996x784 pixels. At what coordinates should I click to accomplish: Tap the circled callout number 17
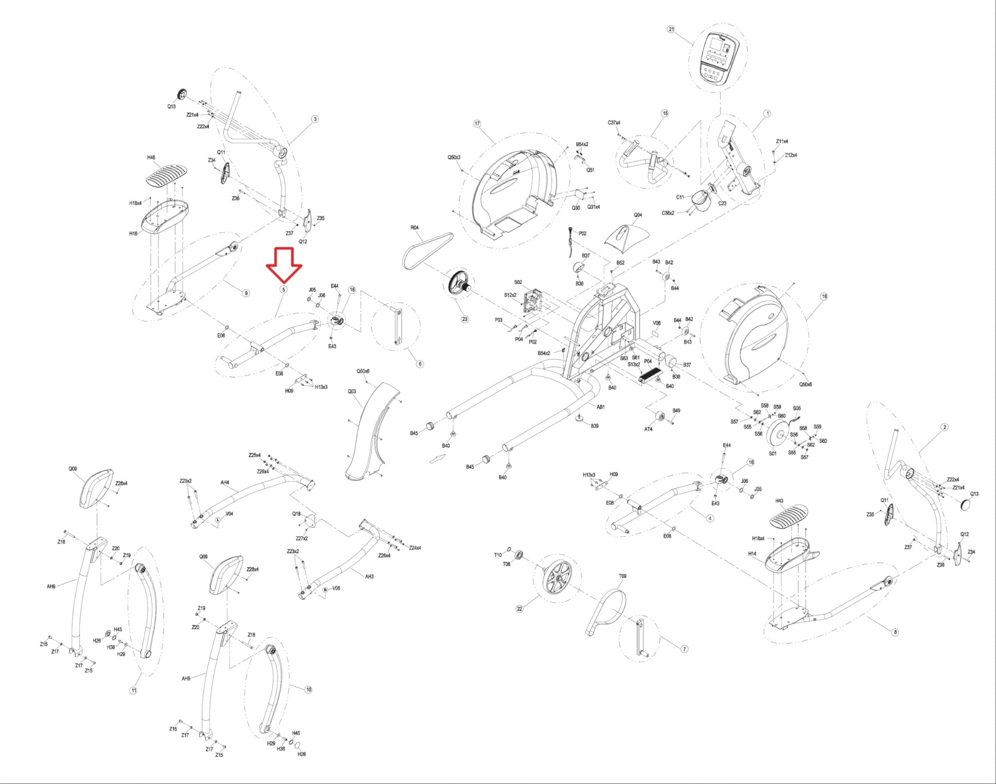[477, 124]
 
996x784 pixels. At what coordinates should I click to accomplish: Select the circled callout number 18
[823, 296]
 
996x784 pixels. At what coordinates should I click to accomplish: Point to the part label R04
[414, 228]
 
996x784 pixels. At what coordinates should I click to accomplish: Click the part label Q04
[638, 214]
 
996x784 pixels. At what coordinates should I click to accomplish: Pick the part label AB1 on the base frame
[601, 407]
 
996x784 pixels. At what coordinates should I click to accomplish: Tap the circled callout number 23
[465, 319]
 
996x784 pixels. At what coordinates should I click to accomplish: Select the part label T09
[622, 576]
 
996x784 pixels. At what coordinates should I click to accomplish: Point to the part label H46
[151, 158]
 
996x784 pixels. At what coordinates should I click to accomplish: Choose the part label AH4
[225, 482]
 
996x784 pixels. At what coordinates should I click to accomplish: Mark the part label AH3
[370, 576]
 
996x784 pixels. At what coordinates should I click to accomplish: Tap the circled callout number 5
[284, 289]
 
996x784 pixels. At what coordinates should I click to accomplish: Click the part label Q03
[352, 391]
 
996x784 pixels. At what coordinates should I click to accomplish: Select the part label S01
[773, 453]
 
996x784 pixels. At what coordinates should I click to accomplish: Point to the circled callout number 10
[308, 690]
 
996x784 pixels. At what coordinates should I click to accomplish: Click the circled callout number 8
[895, 632]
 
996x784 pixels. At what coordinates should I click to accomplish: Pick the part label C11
[680, 197]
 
